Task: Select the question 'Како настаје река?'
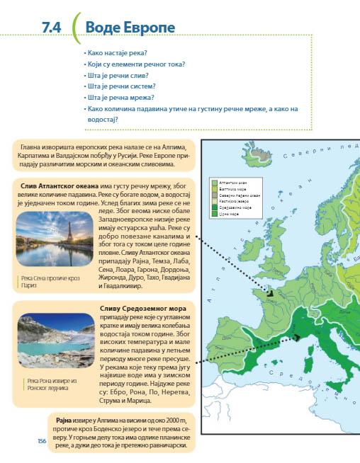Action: (x=115, y=53)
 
